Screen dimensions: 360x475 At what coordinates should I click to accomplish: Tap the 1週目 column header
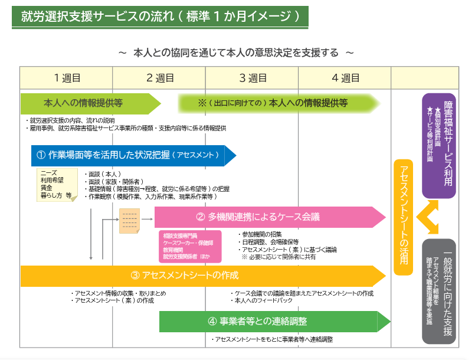click(x=67, y=77)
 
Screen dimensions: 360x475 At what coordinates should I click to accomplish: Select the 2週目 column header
click(x=159, y=77)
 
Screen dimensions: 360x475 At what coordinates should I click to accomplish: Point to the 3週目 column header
click(x=253, y=77)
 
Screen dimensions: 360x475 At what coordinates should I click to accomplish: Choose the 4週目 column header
click(x=345, y=77)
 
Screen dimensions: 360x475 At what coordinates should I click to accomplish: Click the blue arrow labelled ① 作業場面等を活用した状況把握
click(x=130, y=155)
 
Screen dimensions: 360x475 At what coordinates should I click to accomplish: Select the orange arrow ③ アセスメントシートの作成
click(x=201, y=275)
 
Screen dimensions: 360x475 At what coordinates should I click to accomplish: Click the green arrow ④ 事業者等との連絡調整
click(x=271, y=322)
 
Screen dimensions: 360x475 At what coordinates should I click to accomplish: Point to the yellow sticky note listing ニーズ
click(x=56, y=185)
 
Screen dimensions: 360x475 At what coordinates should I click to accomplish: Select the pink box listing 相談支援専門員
click(x=189, y=246)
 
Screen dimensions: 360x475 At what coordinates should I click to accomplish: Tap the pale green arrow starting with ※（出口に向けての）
click(x=277, y=103)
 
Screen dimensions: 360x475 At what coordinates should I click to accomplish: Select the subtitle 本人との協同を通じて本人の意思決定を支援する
click(x=236, y=53)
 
